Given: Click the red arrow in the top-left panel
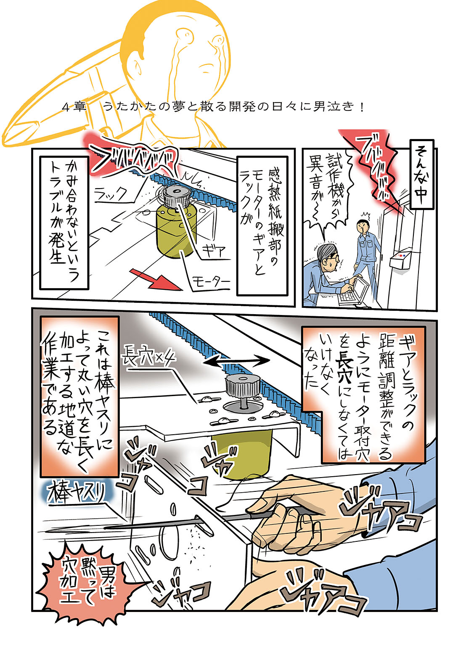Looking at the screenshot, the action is click(x=156, y=279).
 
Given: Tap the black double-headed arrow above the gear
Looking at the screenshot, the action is click(x=236, y=362).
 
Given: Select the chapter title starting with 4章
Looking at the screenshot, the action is click(x=213, y=107).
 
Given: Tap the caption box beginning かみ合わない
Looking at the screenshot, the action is click(x=64, y=223).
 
